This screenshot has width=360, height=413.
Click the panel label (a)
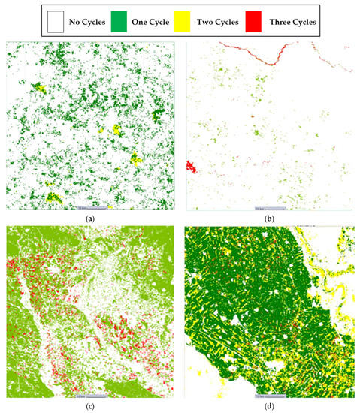pos(91,218)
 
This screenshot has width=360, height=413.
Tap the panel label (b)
pos(269,218)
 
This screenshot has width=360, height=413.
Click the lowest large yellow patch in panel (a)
pos(53,198)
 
